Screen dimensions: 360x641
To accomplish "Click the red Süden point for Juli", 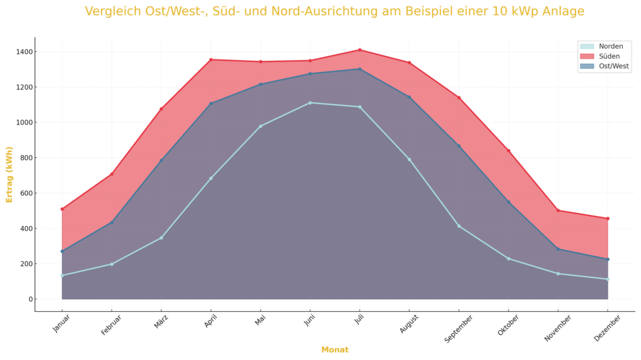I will [x=359, y=50].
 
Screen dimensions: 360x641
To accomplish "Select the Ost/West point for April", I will [x=211, y=103].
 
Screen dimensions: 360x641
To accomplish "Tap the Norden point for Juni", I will [x=310, y=103].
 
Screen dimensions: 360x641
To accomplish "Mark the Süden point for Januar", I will [x=62, y=209].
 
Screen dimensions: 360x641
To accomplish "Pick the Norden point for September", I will [x=459, y=226].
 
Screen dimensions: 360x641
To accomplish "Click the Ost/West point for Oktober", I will [x=508, y=202].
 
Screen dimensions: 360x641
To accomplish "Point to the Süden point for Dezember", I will [x=607, y=219].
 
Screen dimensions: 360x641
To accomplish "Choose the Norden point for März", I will [x=161, y=238].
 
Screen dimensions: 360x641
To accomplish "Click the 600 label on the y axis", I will [x=24, y=193].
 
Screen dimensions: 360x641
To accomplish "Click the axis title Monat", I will [x=335, y=350].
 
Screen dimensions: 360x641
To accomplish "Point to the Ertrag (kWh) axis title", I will [x=9, y=174].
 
